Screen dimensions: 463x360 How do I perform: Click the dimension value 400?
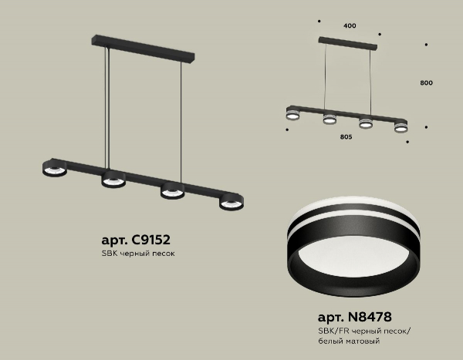click(x=350, y=26)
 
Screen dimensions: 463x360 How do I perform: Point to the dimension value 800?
click(x=427, y=83)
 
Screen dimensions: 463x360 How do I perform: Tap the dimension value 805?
click(x=346, y=137)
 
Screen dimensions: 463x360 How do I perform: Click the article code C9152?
click(x=150, y=240)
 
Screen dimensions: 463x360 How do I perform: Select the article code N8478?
click(x=370, y=317)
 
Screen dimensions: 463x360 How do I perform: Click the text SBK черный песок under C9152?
click(x=138, y=254)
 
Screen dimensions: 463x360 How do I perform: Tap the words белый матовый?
click(x=349, y=341)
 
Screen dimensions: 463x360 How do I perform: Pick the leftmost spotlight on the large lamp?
click(x=54, y=170)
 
